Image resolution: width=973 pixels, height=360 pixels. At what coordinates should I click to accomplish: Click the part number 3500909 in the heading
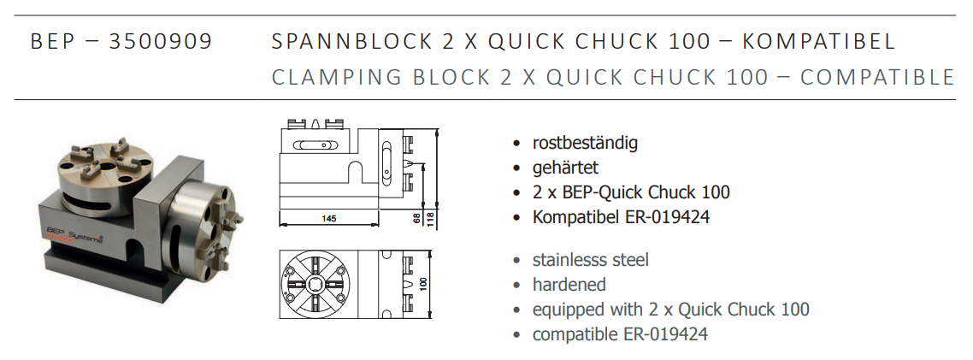click(160, 41)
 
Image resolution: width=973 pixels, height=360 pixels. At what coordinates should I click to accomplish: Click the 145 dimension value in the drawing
click(329, 219)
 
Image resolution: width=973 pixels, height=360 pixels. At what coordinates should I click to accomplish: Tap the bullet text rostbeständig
click(585, 143)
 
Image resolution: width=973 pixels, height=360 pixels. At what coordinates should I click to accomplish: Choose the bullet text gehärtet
click(565, 168)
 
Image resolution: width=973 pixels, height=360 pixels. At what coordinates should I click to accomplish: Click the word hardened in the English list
click(569, 285)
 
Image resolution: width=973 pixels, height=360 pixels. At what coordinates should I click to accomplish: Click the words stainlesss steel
click(590, 260)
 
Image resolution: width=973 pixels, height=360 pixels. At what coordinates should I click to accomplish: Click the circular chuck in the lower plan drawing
click(316, 283)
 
